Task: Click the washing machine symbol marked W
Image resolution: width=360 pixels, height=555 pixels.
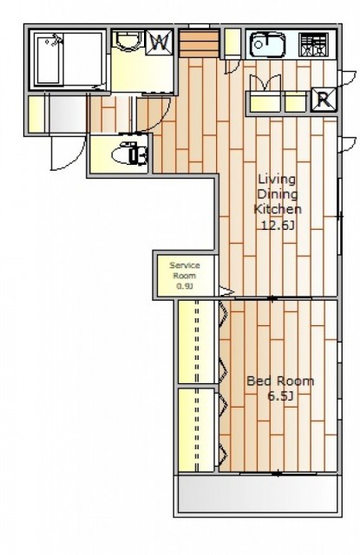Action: coord(160,42)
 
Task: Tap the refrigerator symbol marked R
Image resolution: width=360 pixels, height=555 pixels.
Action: coord(324,100)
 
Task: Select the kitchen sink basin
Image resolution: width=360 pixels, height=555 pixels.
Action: coord(267,44)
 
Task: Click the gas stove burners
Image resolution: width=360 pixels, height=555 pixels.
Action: coord(313,44)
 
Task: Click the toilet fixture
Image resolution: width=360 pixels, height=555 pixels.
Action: coord(129,153)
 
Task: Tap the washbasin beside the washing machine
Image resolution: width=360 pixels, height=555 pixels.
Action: coord(128,41)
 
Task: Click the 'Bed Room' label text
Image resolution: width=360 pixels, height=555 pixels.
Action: coord(280,382)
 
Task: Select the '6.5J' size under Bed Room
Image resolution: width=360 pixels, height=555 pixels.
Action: coord(281,396)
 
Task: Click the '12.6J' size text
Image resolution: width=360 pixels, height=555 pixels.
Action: coord(278,225)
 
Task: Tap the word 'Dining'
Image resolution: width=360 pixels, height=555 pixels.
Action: coord(278,195)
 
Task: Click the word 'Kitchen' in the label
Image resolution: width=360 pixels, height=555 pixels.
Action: coord(278,209)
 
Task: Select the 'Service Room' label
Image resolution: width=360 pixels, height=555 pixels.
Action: coord(185,271)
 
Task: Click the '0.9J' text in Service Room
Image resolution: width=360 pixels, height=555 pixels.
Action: coord(185,286)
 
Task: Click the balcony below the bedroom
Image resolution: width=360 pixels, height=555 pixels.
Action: coord(258,494)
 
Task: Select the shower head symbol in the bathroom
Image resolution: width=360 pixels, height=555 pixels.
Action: coord(55,40)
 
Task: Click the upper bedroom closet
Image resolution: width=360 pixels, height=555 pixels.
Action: coord(196,342)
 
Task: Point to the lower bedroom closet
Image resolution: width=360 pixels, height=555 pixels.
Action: coord(196,430)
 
